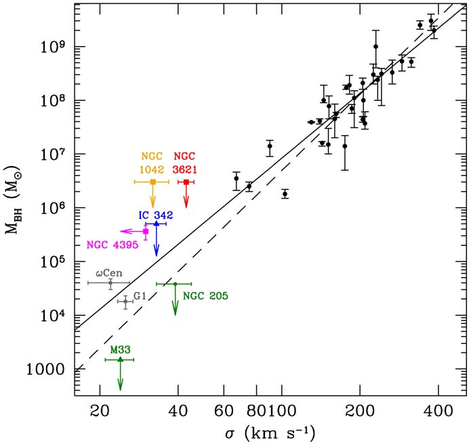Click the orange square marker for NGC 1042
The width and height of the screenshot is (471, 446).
click(152, 182)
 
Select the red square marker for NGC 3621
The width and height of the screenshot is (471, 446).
click(186, 182)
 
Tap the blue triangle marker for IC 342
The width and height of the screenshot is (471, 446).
click(157, 224)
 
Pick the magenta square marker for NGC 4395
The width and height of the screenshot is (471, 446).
click(146, 231)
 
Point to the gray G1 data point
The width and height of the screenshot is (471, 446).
click(125, 301)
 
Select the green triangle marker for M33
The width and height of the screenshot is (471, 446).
click(121, 359)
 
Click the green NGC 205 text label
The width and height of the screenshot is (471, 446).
click(206, 296)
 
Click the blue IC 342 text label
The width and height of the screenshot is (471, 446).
click(157, 215)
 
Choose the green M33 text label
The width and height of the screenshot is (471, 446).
click(121, 350)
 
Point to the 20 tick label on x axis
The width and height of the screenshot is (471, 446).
click(100, 411)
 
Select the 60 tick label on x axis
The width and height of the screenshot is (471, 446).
click(224, 411)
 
